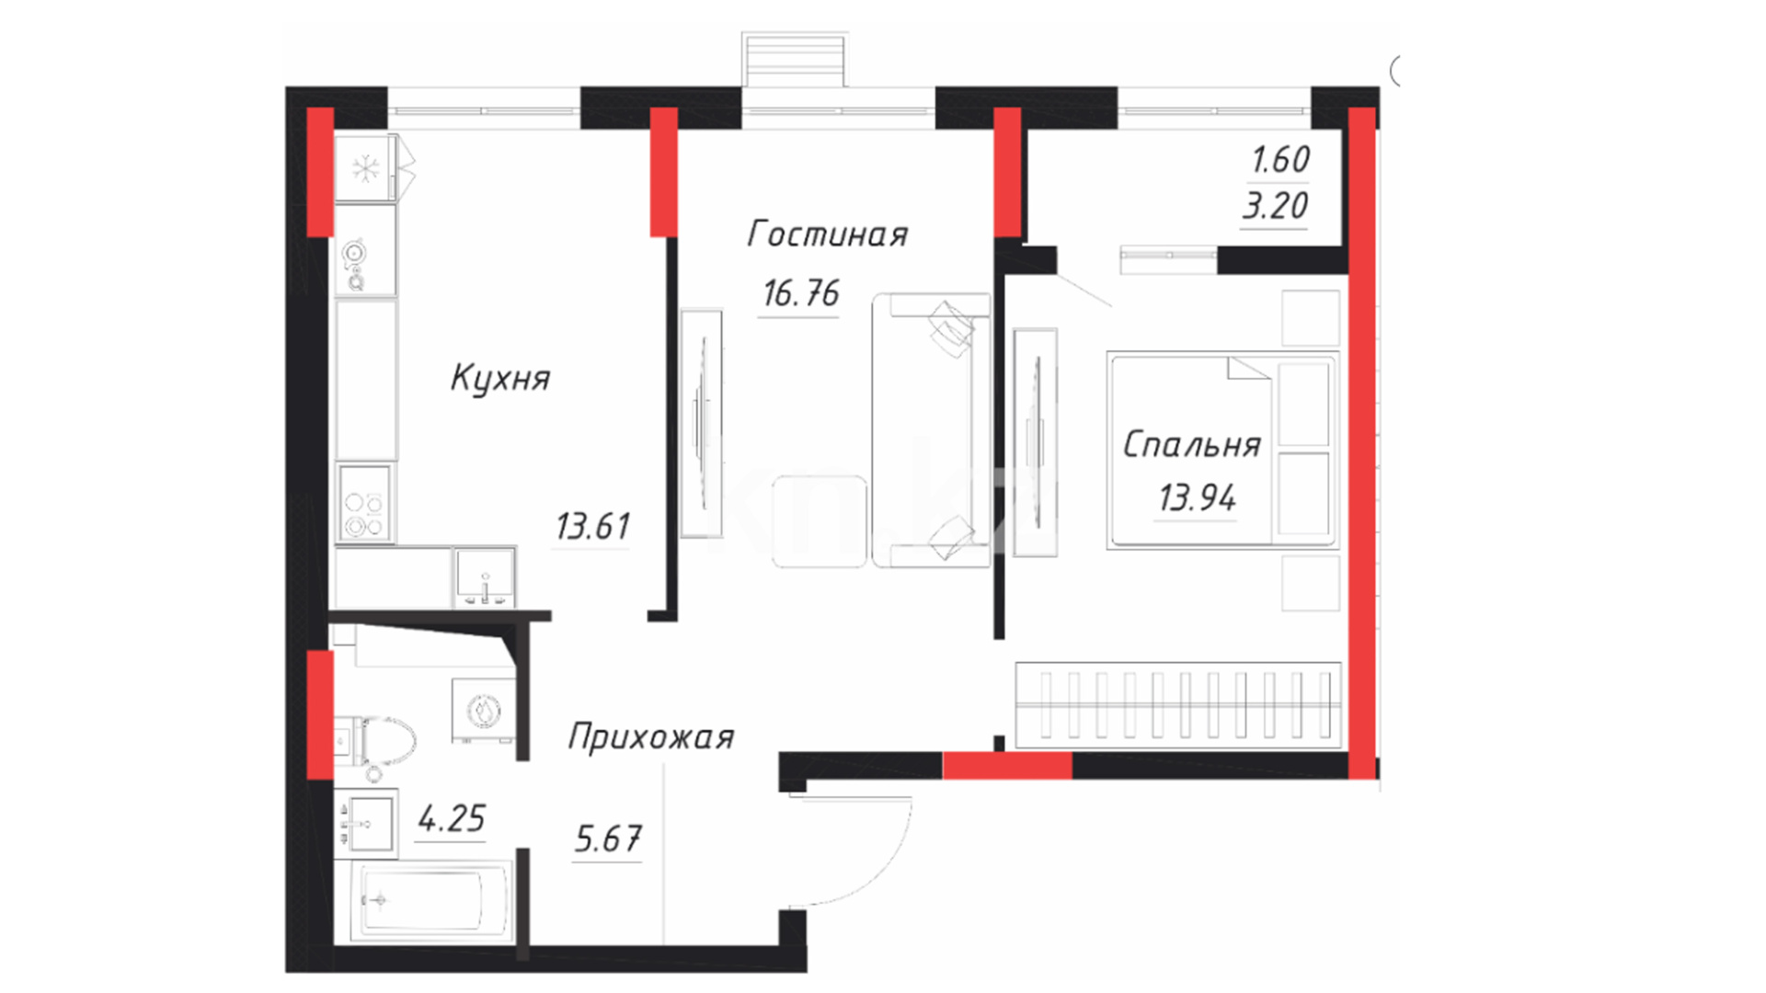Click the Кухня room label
click(x=500, y=379)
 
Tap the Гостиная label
click(x=827, y=234)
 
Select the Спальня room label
click(x=1191, y=445)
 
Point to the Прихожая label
click(x=651, y=736)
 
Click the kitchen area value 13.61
click(x=593, y=527)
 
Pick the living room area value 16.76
click(x=800, y=294)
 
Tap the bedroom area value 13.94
click(x=1197, y=498)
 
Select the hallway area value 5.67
click(x=608, y=839)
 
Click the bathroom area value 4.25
click(x=451, y=818)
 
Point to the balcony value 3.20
click(x=1275, y=206)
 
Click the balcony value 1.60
click(x=1280, y=160)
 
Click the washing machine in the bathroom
click(x=483, y=711)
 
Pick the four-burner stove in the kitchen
click(x=364, y=503)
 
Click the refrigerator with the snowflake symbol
click(x=366, y=168)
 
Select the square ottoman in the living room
click(x=820, y=521)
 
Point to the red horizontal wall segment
click(x=1007, y=766)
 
